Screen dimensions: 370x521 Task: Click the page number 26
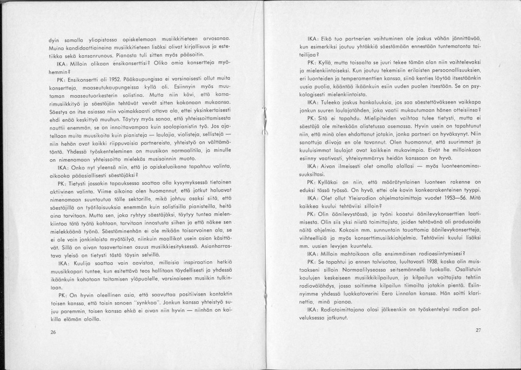click(53, 332)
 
